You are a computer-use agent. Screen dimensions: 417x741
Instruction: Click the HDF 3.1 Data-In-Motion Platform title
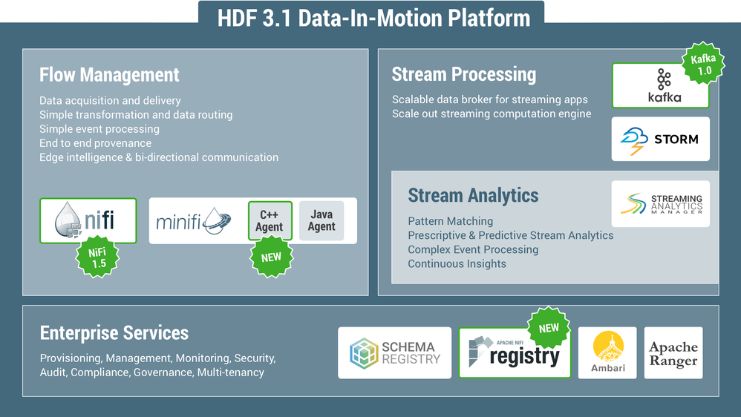pos(373,18)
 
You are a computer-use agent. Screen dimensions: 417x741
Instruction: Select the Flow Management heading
pos(109,75)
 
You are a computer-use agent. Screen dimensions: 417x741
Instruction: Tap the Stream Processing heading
pos(463,74)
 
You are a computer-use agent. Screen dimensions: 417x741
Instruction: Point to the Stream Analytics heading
pos(473,196)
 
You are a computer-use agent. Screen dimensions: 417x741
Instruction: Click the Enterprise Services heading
pos(114,333)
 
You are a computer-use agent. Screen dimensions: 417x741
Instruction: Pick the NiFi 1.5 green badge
pos(97,257)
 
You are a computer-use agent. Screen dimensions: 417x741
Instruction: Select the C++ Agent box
pos(270,220)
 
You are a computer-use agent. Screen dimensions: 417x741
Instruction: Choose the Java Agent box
pos(321,220)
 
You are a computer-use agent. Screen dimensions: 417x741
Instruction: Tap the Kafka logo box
pos(659,86)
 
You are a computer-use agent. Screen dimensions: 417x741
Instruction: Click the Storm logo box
pos(660,139)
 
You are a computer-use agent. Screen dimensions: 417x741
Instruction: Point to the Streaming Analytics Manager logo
pos(660,204)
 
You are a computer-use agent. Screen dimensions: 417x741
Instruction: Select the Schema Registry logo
pos(394,353)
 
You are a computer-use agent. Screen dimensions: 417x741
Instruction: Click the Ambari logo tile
pos(607,353)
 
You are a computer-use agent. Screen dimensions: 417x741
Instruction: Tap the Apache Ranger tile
pos(673,353)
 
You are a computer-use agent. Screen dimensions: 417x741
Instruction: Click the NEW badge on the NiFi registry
pos(549,328)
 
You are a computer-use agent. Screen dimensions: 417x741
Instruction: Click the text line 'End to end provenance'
pos(95,143)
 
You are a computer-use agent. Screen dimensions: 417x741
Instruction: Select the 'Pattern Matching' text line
pos(450,221)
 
